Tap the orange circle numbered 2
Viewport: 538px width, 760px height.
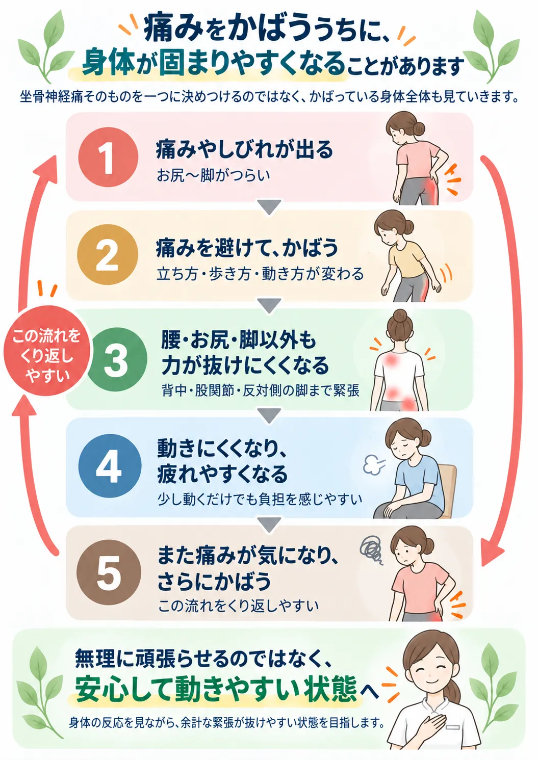point(108,254)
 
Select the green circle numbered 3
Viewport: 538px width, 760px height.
point(115,359)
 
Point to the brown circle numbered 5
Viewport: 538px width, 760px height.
point(109,573)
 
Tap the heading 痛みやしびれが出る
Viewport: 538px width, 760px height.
point(244,149)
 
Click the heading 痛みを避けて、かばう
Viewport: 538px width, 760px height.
point(247,248)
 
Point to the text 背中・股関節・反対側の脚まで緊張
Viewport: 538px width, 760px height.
point(261,391)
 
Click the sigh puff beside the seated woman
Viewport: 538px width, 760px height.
point(374,464)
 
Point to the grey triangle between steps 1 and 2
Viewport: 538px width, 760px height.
point(269,206)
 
